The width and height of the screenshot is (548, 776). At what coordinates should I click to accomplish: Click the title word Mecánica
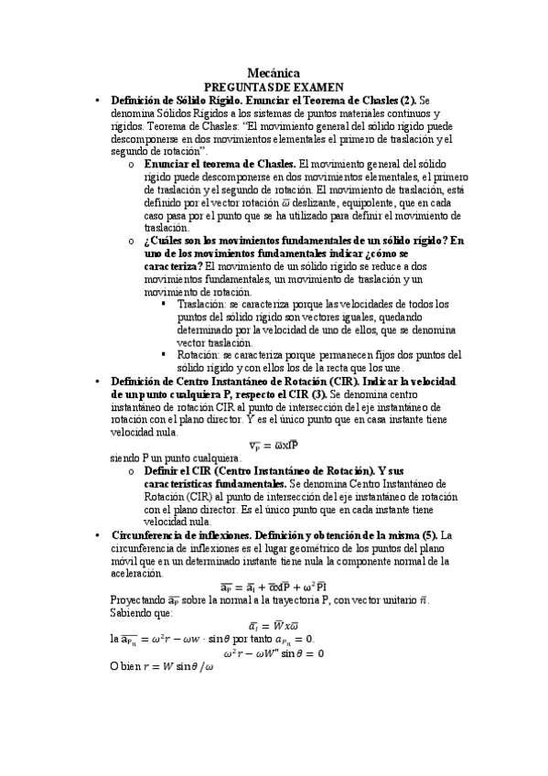274,72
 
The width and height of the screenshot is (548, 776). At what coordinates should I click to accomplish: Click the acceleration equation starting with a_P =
274,586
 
